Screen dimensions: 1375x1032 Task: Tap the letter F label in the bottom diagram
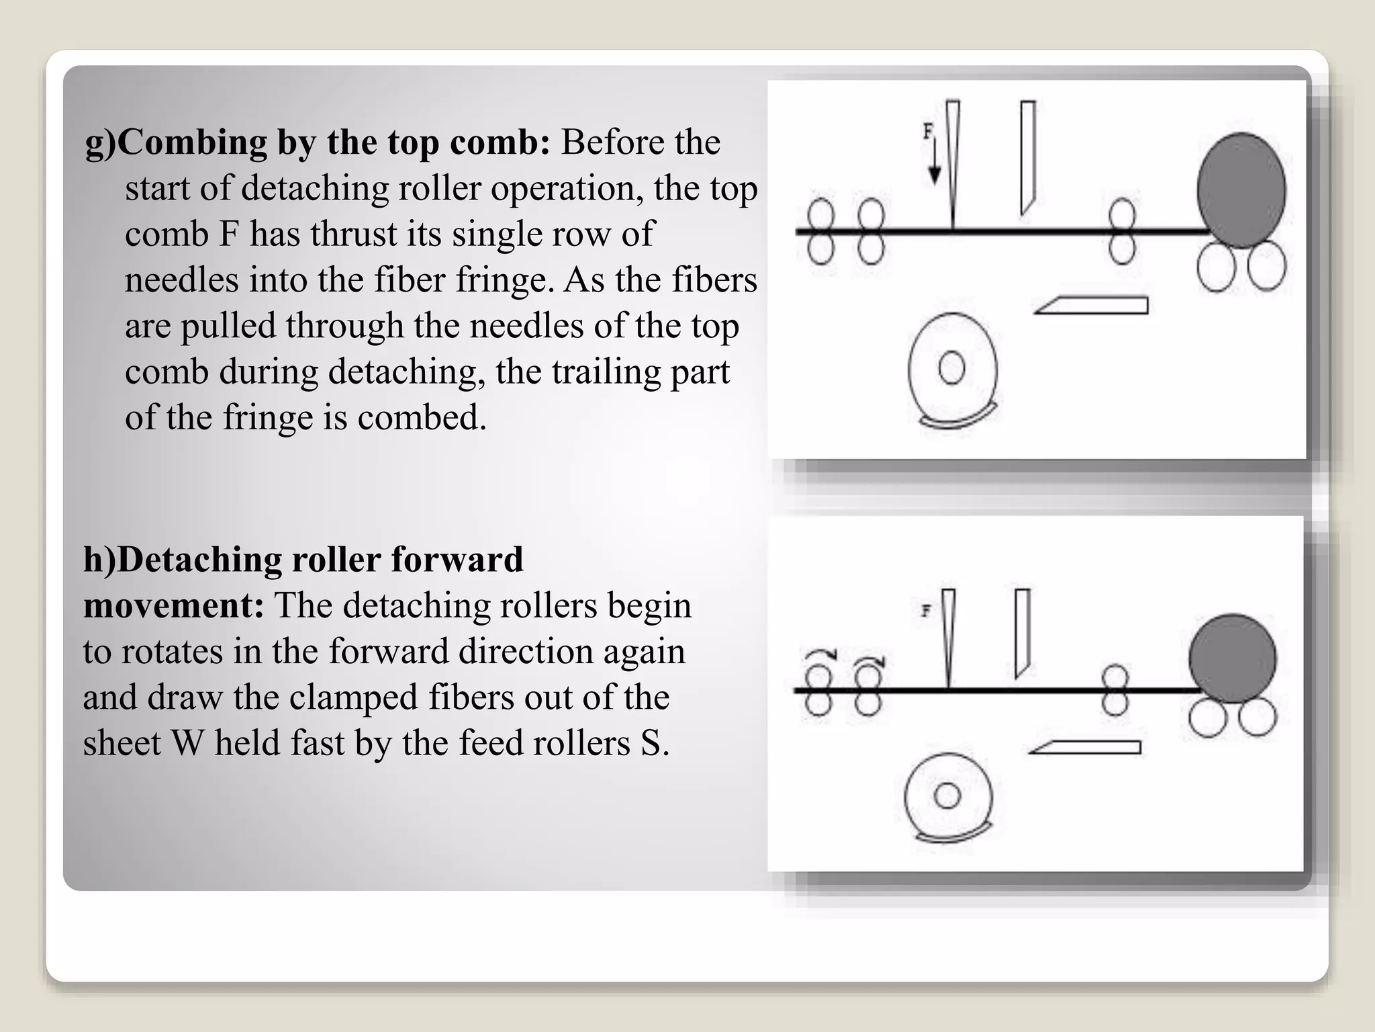[927, 611]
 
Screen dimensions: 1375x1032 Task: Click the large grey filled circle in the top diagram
[1241, 191]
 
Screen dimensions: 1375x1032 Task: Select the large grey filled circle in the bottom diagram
[1233, 658]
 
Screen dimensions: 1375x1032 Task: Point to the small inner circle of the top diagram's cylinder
[951, 368]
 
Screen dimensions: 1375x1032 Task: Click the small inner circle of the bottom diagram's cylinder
[947, 796]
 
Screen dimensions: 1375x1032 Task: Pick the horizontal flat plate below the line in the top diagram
[1092, 306]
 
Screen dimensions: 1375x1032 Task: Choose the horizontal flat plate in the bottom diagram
[1085, 747]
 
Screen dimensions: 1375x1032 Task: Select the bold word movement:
[173, 606]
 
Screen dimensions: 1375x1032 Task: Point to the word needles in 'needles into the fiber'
[181, 280]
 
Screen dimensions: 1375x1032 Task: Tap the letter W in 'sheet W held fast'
[187, 744]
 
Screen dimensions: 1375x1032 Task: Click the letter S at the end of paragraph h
[650, 744]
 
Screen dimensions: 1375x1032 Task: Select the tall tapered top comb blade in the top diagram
[953, 165]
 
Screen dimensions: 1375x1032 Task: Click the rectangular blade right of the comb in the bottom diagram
[1023, 634]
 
